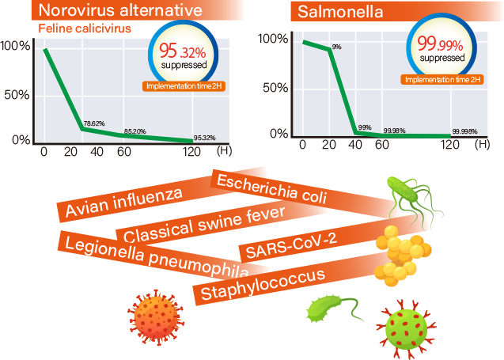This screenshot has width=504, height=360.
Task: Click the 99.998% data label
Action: click(x=464, y=131)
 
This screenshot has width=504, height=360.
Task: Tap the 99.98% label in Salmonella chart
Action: click(x=395, y=131)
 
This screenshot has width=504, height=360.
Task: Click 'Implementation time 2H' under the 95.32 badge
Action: click(x=184, y=85)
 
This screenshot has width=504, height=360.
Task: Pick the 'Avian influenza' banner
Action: click(x=124, y=203)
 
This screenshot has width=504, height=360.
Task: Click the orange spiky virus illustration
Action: click(x=157, y=315)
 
